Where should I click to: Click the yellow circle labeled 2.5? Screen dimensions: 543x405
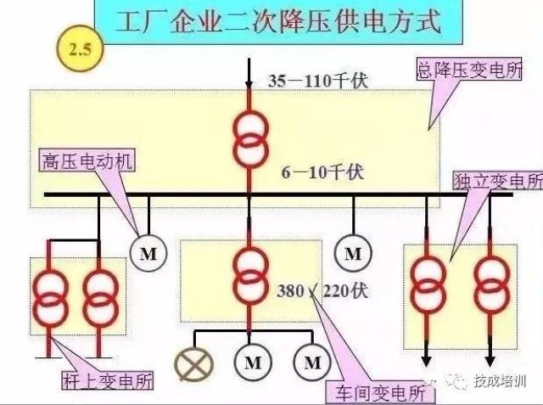(80, 48)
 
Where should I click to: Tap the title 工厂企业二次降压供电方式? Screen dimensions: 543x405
(278, 21)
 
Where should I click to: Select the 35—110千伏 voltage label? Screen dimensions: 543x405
(317, 82)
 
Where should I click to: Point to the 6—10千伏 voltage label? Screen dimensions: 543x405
(322, 172)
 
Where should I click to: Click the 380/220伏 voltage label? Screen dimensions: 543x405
(322, 290)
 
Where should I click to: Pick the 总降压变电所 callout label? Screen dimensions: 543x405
(469, 70)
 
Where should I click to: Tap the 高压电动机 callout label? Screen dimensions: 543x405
(87, 160)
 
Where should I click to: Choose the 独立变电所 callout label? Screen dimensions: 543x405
(498, 180)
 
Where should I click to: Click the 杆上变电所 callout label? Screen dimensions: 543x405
(108, 381)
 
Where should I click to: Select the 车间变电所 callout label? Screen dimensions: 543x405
(381, 393)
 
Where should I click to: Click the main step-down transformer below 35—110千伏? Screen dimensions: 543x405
(251, 139)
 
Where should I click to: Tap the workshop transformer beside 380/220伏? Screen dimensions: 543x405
(251, 275)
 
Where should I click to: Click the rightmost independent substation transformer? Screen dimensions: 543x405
(492, 286)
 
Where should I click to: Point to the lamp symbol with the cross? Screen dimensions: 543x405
(194, 364)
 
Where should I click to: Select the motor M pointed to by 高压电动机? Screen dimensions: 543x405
(148, 253)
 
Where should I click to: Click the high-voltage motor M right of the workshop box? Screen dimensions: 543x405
(353, 253)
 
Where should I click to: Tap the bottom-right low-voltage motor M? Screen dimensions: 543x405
(312, 363)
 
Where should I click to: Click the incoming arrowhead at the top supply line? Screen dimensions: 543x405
(249, 84)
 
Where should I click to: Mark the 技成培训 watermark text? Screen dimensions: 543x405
(500, 381)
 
